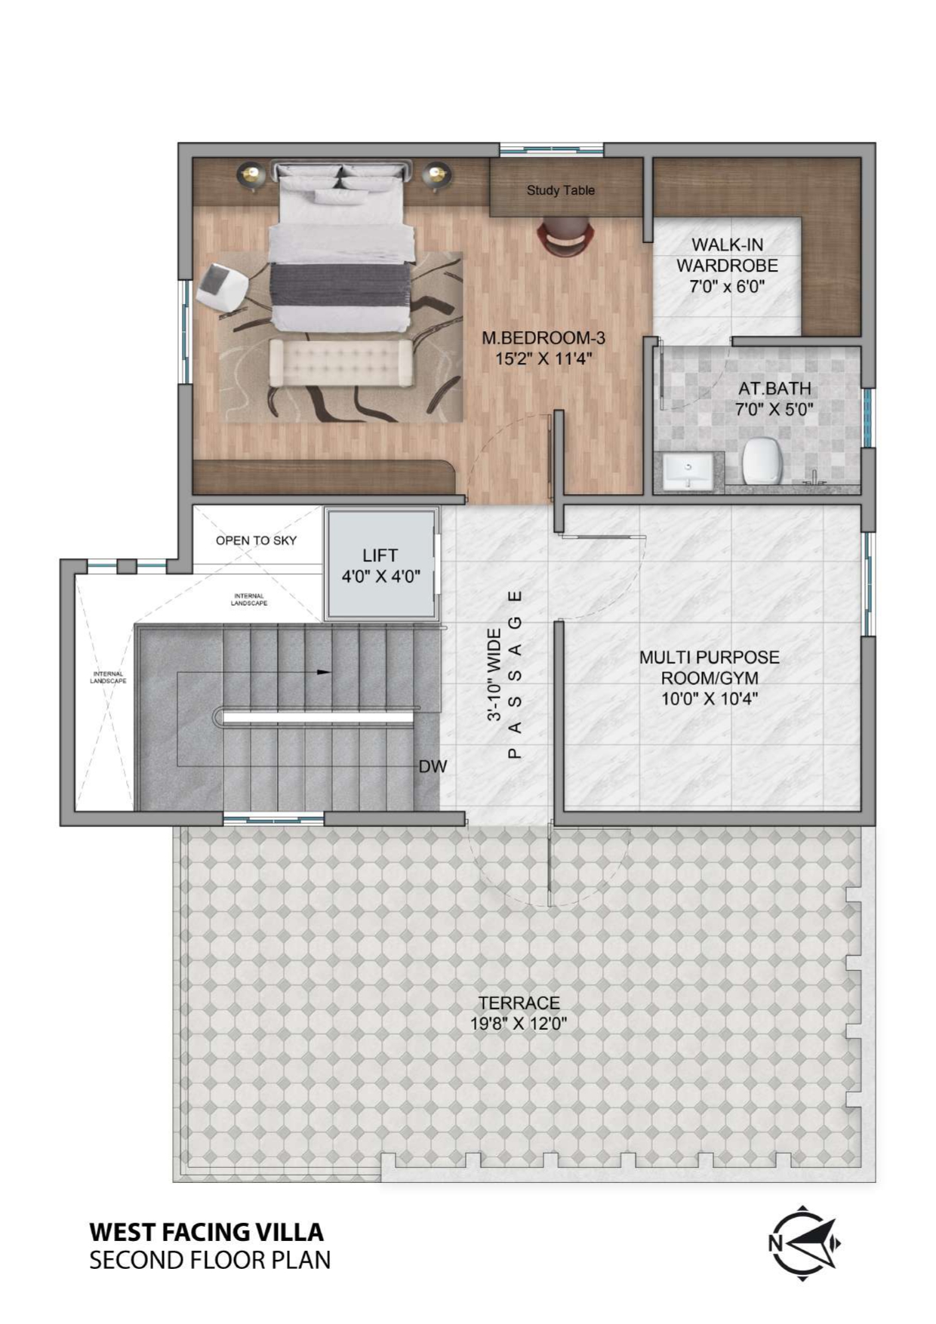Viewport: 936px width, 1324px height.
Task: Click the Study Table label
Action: click(x=560, y=190)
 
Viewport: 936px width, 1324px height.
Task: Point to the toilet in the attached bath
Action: click(x=761, y=461)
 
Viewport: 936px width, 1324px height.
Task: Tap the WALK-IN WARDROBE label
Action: click(x=727, y=255)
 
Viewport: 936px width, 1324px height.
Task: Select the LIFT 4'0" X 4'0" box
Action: click(x=380, y=565)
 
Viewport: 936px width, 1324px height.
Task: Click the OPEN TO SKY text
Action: click(x=256, y=540)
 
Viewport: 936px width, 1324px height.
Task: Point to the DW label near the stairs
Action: click(x=433, y=766)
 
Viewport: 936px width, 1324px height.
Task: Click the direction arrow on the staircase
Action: click(x=322, y=671)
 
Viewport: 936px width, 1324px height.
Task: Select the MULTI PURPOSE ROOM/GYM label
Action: click(x=709, y=668)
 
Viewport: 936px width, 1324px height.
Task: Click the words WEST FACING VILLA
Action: click(x=206, y=1231)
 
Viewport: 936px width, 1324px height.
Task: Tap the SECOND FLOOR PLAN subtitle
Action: click(x=210, y=1260)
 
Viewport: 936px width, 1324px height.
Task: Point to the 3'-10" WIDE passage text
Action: click(x=495, y=674)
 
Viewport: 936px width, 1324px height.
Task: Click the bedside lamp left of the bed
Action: click(x=251, y=176)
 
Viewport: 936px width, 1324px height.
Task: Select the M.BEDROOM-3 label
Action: click(x=543, y=339)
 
